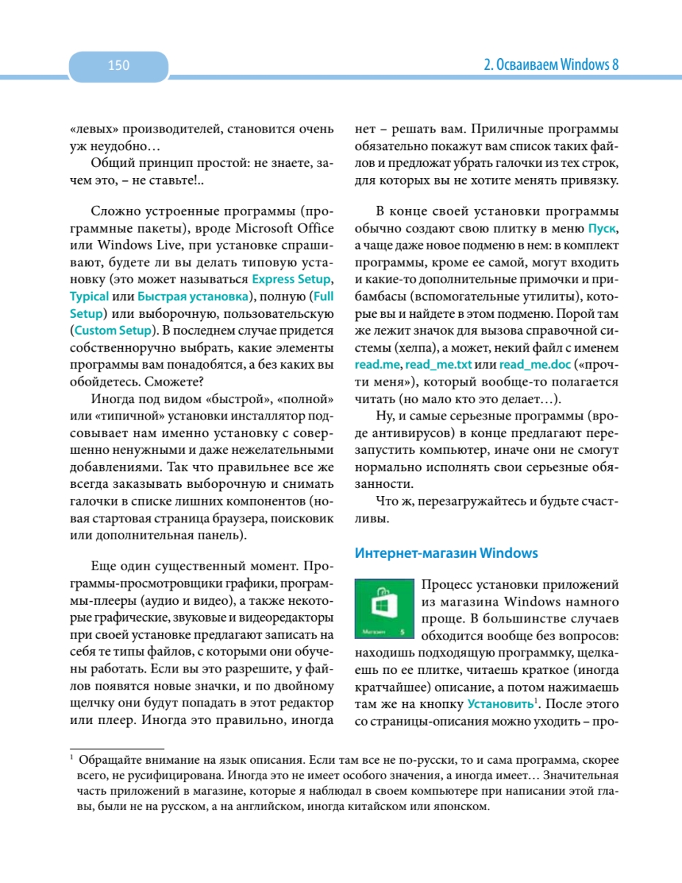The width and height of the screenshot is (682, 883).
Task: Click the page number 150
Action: coord(118,65)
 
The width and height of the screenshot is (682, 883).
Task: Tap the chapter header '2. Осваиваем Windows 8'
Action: coord(550,65)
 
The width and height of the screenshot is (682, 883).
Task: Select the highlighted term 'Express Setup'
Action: coord(291,280)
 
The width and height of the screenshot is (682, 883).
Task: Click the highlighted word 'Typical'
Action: coord(89,297)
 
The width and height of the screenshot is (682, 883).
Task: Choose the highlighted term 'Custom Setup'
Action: coord(113,330)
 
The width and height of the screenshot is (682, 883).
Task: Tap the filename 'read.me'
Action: coord(377,365)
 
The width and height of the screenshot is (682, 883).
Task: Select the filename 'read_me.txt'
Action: coord(438,365)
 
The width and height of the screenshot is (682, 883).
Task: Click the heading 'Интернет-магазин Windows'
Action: coord(446,553)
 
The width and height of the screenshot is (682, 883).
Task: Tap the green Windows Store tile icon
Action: coord(384,609)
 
